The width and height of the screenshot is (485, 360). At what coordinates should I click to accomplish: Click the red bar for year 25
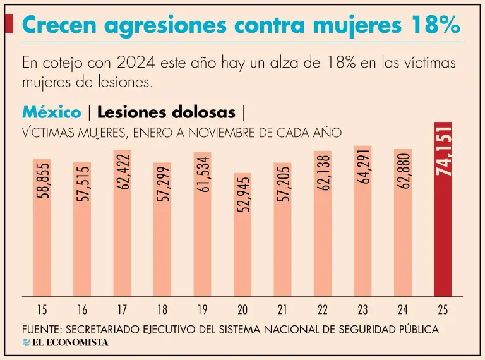pyautogui.click(x=442, y=240)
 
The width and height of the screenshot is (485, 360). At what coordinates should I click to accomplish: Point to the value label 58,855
pyautogui.click(x=42, y=181)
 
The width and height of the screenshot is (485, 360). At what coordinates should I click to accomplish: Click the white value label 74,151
pyautogui.click(x=443, y=150)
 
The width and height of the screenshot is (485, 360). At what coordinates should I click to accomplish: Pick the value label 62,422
pyautogui.click(x=123, y=172)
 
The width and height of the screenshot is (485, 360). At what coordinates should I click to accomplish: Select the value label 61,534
pyautogui.click(x=203, y=175)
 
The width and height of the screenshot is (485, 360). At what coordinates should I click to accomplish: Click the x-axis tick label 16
pyautogui.click(x=82, y=309)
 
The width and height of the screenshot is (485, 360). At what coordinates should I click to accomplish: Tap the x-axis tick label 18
pyautogui.click(x=162, y=309)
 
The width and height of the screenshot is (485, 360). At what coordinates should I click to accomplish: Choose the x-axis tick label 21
pyautogui.click(x=282, y=309)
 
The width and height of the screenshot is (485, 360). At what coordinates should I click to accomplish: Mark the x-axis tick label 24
pyautogui.click(x=402, y=309)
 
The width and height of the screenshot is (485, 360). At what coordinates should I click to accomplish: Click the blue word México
pyautogui.click(x=51, y=112)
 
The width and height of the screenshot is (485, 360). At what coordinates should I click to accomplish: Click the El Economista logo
pyautogui.click(x=65, y=342)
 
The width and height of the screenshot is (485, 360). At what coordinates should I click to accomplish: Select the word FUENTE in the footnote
pyautogui.click(x=42, y=330)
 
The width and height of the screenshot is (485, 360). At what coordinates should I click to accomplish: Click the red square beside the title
pyautogui.click(x=9, y=24)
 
